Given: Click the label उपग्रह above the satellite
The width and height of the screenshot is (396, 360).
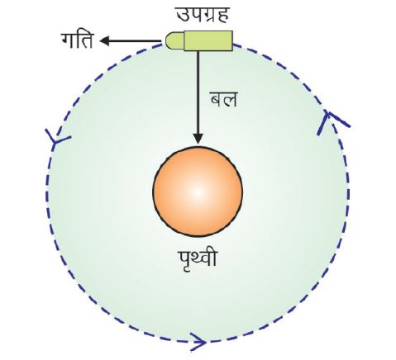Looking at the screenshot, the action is point(203,15).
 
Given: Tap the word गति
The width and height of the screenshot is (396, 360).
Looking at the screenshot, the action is point(78,40).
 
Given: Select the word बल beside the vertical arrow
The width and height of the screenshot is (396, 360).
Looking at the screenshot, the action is point(223,99).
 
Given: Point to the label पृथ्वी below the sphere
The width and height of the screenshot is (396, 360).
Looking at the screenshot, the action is point(198,259).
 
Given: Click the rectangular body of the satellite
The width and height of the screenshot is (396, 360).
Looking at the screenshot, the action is point(208,40).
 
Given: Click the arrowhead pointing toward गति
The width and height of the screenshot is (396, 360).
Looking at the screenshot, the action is point(105,41).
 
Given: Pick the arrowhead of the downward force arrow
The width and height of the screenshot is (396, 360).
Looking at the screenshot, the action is point(198,139).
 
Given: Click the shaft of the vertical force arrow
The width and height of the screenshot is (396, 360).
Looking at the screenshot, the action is point(198,92).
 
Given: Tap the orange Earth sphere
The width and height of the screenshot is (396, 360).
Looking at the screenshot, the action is point(198,192).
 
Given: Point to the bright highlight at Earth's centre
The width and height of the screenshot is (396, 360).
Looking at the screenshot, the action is point(198,192).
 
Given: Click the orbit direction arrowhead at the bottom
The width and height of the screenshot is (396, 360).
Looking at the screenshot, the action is point(198,342).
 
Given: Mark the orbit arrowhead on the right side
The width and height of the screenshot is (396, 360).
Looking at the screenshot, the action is point(332,122).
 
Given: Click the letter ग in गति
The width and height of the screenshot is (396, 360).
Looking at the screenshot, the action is point(69,40).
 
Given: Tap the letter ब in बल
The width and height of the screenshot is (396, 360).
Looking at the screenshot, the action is point(217,100).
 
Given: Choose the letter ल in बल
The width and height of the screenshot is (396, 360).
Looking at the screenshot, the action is point(230,100).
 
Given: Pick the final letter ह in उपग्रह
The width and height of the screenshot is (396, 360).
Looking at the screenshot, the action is point(222,16).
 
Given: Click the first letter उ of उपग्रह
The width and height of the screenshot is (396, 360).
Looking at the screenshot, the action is point(183,15).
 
